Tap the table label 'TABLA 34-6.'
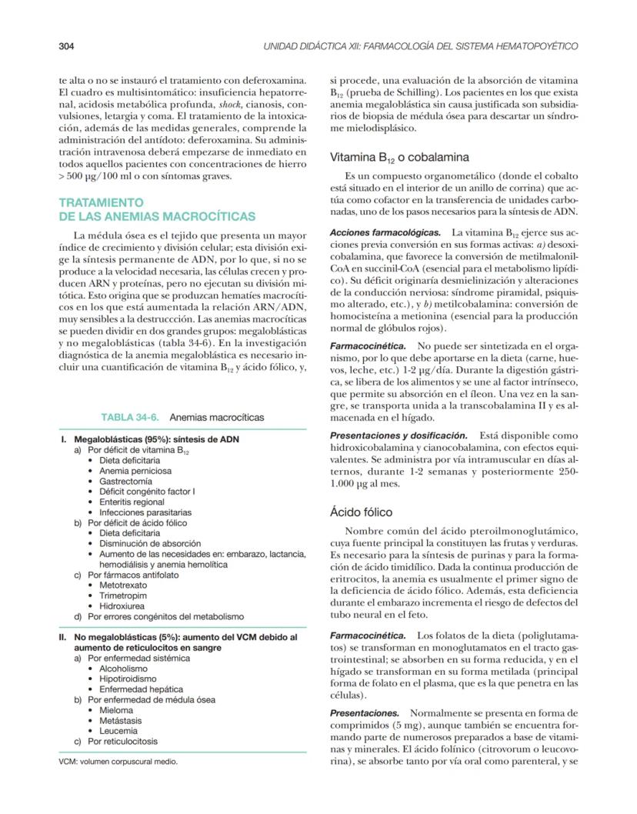tap(131, 417)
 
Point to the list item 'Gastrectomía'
tap(125, 481)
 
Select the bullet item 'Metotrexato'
tap(124, 585)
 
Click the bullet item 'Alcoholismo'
tap(123, 669)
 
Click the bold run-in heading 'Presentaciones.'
tap(364, 713)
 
